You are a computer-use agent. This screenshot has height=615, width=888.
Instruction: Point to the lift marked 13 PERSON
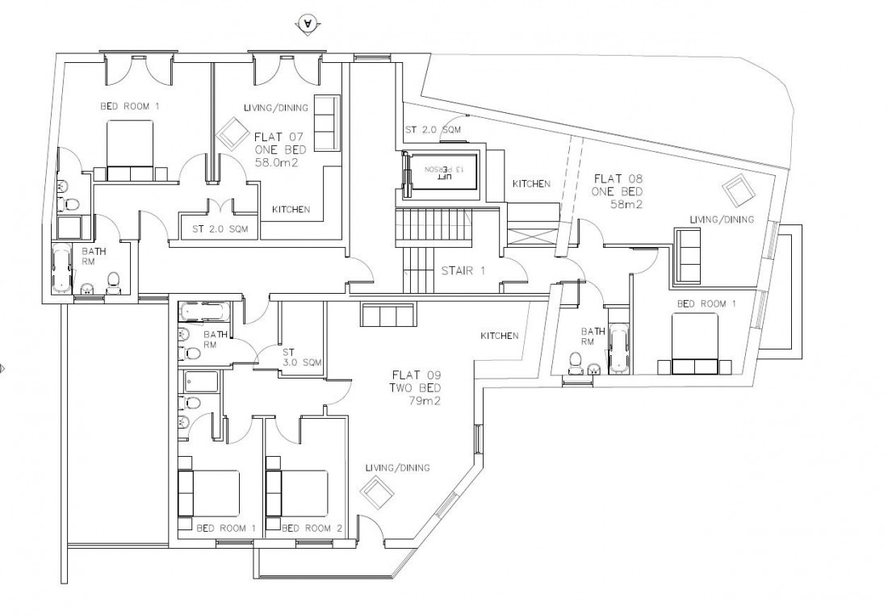(x=440, y=169)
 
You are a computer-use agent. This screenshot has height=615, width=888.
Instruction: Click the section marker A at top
(x=308, y=24)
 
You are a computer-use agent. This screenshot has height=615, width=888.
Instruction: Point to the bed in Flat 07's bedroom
(x=130, y=149)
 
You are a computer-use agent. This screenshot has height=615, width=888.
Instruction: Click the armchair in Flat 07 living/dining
(x=232, y=133)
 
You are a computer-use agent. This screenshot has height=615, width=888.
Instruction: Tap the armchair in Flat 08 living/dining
(x=739, y=191)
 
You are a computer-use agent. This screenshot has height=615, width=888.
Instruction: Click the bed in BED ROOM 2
(x=298, y=493)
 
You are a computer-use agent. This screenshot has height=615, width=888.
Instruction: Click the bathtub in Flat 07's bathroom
(x=61, y=269)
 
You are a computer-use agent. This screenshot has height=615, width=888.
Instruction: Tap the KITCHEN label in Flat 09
(x=499, y=336)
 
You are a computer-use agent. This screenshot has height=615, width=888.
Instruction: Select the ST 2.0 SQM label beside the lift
(x=434, y=129)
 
